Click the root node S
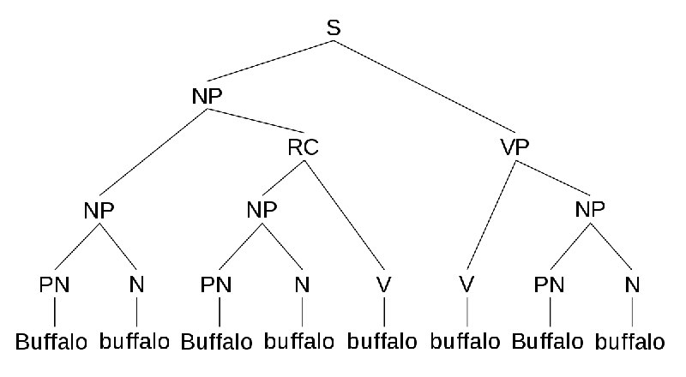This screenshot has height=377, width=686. [x=334, y=27]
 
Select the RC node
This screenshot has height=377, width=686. [x=304, y=147]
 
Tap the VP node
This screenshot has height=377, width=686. [x=514, y=147]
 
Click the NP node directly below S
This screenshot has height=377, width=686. [x=207, y=96]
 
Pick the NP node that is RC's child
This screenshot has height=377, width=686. [x=262, y=210]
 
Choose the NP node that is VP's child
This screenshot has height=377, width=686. [x=590, y=210]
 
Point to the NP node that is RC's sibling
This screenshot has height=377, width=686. [x=99, y=211]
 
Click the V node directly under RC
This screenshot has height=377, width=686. [x=383, y=284]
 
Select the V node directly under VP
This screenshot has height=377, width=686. [x=466, y=284]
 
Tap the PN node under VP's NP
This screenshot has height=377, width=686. [x=549, y=284]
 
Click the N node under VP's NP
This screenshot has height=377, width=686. [x=632, y=284]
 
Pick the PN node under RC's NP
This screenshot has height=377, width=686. [x=216, y=284]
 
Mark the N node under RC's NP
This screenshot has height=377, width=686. [x=302, y=284]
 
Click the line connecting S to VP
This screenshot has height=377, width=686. [x=424, y=87]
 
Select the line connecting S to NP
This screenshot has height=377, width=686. [x=270, y=61]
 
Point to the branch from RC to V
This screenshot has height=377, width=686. [x=344, y=215]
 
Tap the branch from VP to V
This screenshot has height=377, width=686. [x=491, y=215]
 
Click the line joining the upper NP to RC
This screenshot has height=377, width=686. [x=255, y=120]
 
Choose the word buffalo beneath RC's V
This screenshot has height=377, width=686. [x=382, y=341]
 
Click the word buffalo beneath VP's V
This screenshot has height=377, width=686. [x=465, y=341]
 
